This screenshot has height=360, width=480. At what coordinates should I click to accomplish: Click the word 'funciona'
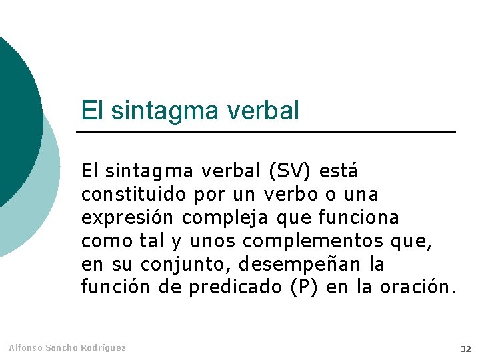(359, 218)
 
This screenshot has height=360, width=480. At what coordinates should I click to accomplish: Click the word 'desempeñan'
(299, 265)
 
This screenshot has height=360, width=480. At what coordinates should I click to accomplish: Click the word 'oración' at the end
(418, 288)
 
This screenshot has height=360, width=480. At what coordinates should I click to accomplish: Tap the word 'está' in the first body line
(339, 171)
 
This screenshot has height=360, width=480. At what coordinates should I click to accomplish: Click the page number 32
(465, 349)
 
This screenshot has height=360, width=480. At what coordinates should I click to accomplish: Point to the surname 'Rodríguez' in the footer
(104, 348)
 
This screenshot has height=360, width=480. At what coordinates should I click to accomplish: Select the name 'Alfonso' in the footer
(25, 348)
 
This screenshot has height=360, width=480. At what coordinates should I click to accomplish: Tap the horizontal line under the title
(267, 132)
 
